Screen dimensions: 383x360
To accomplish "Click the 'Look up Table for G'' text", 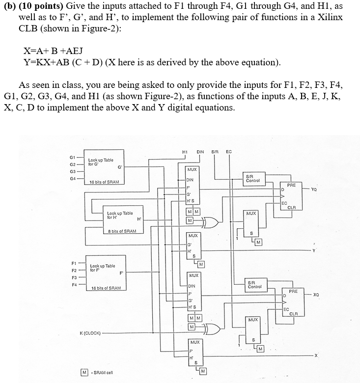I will click(101, 163).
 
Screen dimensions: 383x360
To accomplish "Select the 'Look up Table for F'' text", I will click(103, 268).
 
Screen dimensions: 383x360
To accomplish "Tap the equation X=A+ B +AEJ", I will click(54, 51).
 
